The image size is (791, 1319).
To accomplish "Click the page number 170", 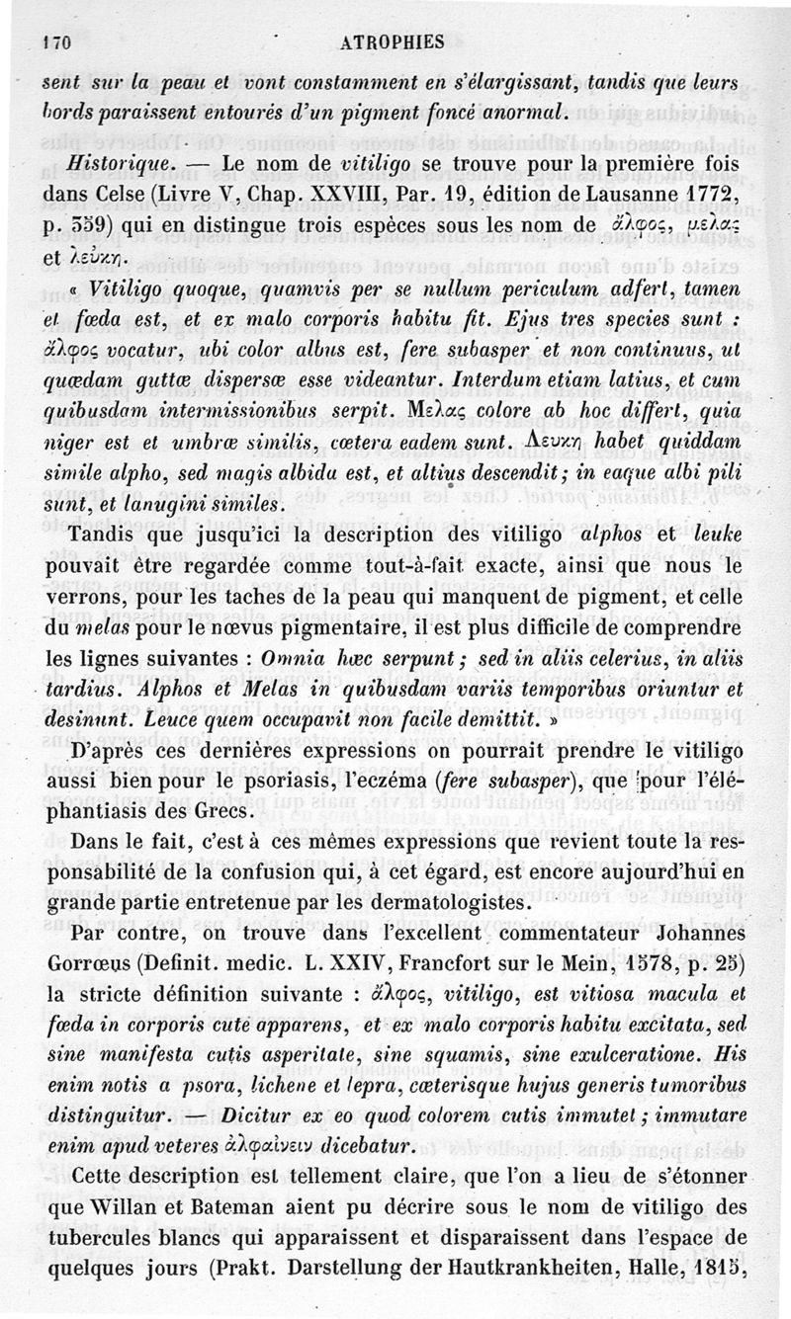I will pos(61,43).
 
